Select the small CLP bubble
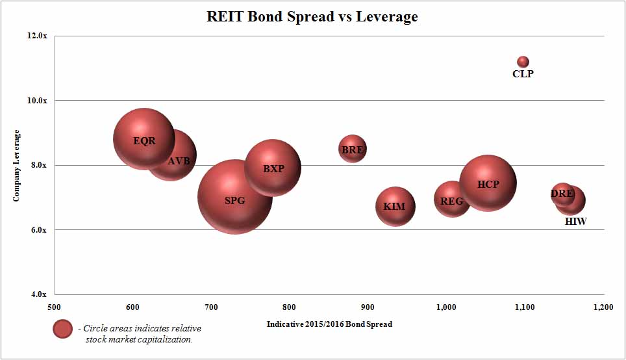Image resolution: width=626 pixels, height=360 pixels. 523,62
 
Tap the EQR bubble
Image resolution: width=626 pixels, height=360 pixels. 144,139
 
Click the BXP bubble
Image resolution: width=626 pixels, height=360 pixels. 273,167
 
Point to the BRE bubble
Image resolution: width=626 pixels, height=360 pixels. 352,149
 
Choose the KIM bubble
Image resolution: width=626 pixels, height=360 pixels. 395,207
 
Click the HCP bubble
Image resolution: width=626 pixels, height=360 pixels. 488,183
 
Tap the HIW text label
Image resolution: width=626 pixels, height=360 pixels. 575,222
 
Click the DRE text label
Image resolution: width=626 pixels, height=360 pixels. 562,194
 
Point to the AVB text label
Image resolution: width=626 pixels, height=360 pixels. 179,161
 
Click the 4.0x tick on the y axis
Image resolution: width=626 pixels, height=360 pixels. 38,294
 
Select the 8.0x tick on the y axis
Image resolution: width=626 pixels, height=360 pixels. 38,165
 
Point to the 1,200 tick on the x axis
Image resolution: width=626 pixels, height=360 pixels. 603,306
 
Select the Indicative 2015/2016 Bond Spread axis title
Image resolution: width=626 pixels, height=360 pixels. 329,324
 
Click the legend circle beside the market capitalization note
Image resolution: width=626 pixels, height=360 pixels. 63,329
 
